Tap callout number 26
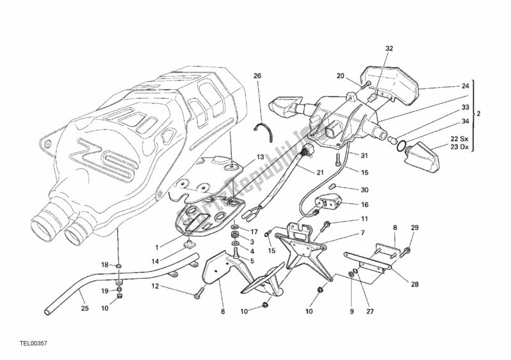pos(257,76)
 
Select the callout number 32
pos(389,49)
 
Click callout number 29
pos(414,228)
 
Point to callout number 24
pos(465,86)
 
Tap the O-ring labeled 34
pos(400,148)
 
